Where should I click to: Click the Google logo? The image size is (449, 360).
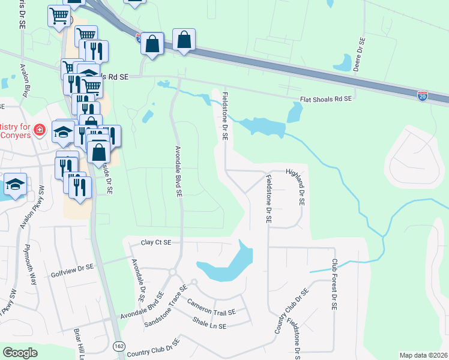pyautogui.click(x=20, y=353)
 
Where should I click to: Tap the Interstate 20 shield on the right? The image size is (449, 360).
pyautogui.click(x=423, y=95)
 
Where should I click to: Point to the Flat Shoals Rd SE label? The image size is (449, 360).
pyautogui.click(x=325, y=101)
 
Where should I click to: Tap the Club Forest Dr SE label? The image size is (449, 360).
pyautogui.click(x=334, y=284)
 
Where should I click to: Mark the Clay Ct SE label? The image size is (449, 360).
pyautogui.click(x=156, y=242)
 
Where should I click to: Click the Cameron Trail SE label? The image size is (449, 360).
pyautogui.click(x=211, y=307)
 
